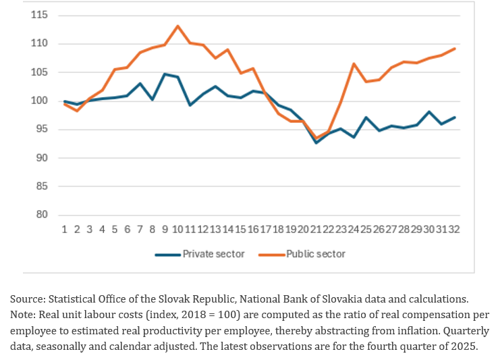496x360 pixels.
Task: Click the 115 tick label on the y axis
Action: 39,15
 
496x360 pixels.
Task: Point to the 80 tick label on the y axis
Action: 42,215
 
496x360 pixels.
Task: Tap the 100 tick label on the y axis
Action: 39,101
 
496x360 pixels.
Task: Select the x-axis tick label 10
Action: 177,229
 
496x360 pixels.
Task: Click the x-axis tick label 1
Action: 65,229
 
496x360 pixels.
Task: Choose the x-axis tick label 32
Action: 454,229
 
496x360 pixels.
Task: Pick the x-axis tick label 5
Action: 115,229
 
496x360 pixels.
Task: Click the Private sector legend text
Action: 213,254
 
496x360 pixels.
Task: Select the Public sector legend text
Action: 316,254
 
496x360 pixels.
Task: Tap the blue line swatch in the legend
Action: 167,255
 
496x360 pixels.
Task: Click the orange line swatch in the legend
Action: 272,255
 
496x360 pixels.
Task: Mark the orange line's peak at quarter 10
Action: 177,26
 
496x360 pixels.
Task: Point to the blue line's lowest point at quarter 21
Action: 316,143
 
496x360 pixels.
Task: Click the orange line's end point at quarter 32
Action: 455,49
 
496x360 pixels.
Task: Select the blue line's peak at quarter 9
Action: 165,74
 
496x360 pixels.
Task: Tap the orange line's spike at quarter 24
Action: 354,63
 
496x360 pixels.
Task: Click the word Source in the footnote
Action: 28,299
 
